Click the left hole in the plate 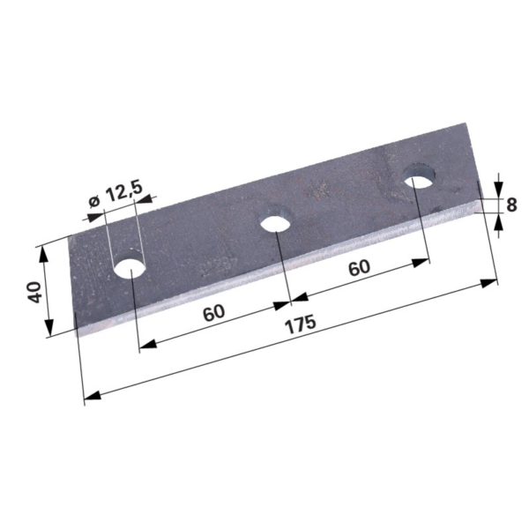130,264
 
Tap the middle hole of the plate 276,220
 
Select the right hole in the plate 420,176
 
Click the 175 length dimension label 301,324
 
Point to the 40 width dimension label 34,292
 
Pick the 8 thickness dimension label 511,205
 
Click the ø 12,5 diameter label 115,195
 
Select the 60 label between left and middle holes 214,313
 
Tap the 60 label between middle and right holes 360,267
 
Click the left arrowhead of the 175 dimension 93,395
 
